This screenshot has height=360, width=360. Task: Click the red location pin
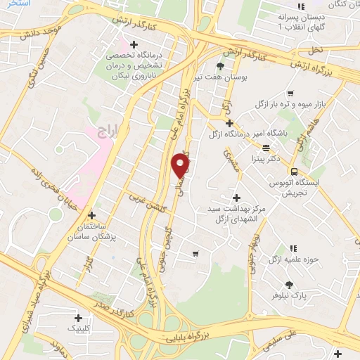(181, 165)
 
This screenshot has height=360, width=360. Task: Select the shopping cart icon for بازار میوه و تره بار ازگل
(290, 93)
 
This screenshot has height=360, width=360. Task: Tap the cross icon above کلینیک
(78, 318)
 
